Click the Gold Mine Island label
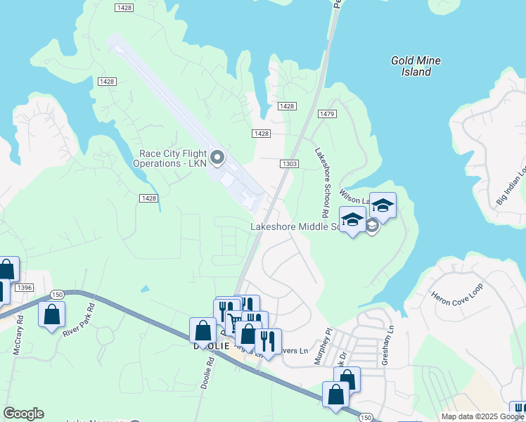(416, 66)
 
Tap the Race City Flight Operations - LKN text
(170, 159)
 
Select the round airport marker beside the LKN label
(217, 158)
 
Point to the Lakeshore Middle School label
(295, 226)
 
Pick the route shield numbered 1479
(327, 113)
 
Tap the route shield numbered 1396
(25, 288)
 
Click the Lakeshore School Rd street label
(322, 181)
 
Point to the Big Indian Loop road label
(511, 187)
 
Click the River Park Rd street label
(78, 321)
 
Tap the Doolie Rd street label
(206, 373)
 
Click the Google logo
(23, 414)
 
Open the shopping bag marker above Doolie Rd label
(203, 330)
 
